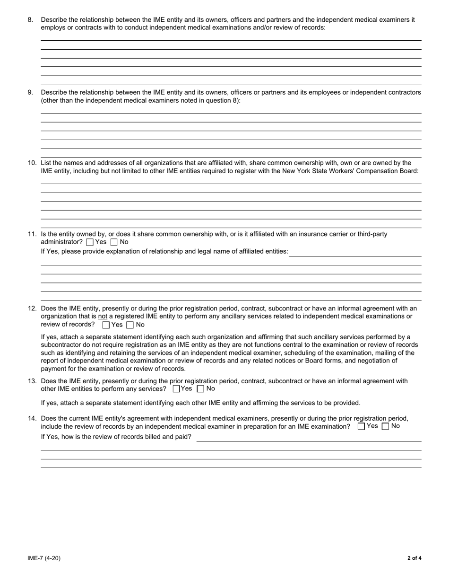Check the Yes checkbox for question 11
tap(90, 242)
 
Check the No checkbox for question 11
tap(114, 242)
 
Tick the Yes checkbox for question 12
tap(106, 325)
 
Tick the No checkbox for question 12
tap(130, 325)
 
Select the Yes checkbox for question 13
tap(176, 389)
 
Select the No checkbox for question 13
tap(200, 389)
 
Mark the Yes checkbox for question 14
tap(362, 426)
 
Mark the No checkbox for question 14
tap(385, 426)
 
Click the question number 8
tap(30, 20)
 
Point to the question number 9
tap(30, 93)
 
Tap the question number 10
tap(32, 163)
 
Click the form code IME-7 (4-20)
tap(44, 558)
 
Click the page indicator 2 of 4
tap(414, 558)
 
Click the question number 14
tap(32, 419)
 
